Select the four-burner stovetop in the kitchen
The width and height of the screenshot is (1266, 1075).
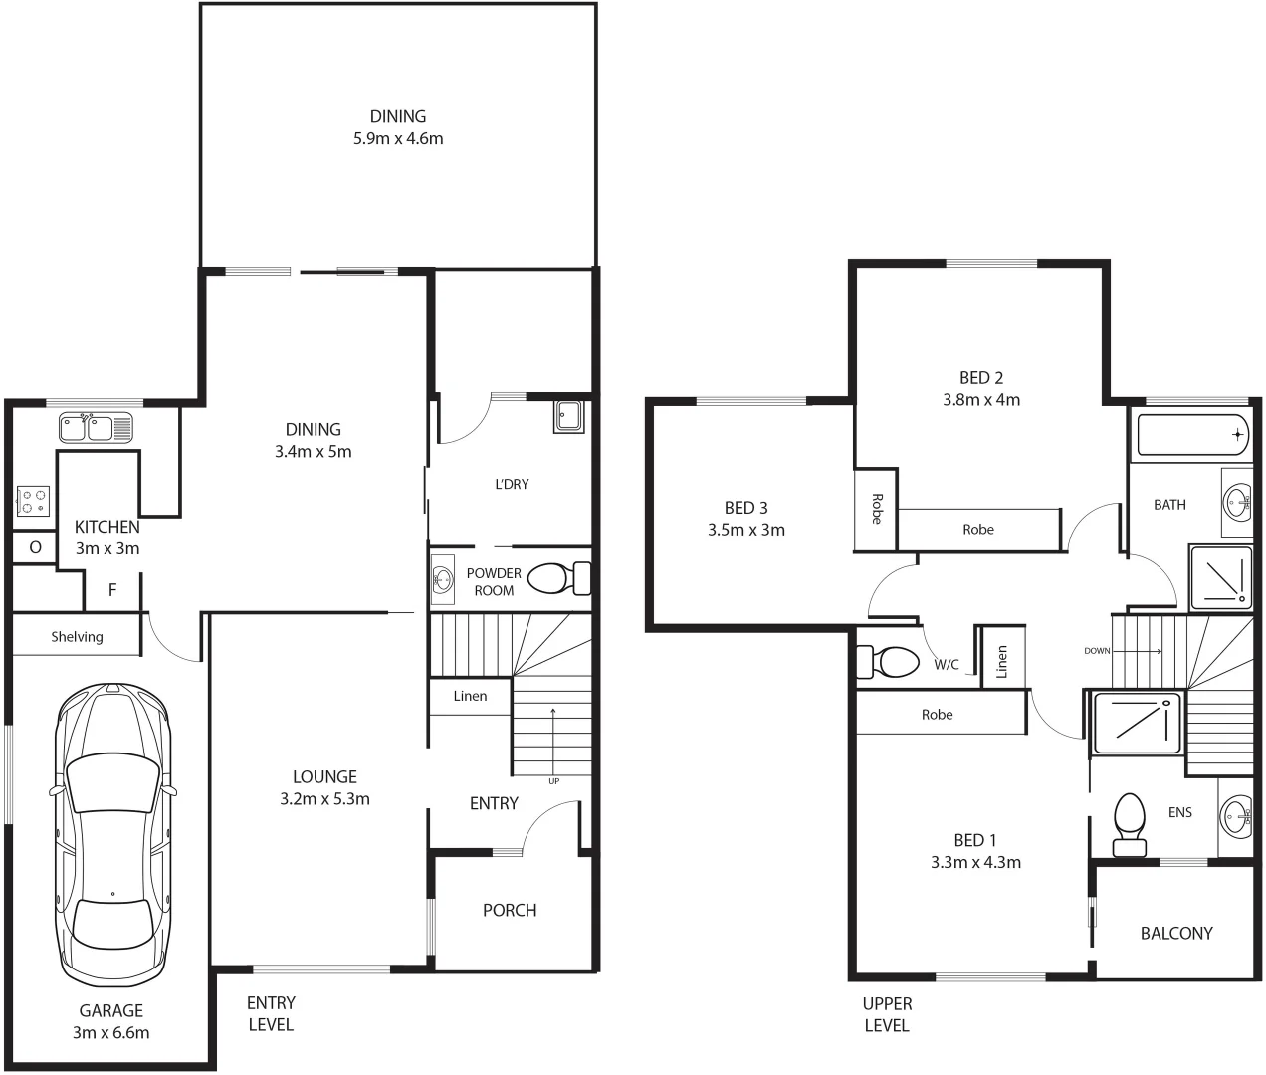point(33,501)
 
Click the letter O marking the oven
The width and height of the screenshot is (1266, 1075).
point(35,547)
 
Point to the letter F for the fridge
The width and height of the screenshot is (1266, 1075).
point(112,590)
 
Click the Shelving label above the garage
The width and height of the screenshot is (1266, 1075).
point(77,637)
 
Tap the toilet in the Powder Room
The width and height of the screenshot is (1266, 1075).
point(558,578)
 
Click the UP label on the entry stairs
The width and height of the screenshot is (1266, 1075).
point(553,781)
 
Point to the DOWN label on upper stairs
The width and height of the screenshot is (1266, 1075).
point(1097,651)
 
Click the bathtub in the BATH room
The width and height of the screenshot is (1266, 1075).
point(1190,434)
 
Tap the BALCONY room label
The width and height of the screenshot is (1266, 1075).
point(1176,934)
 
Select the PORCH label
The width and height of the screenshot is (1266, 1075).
point(510,911)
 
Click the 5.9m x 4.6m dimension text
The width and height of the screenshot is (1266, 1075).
point(398,139)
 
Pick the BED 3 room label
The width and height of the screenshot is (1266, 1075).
point(745,508)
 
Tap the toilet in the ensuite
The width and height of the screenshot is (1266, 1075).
point(1129,824)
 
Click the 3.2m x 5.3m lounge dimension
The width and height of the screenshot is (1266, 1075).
point(324,799)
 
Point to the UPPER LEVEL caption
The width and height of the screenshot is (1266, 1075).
point(887,1014)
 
